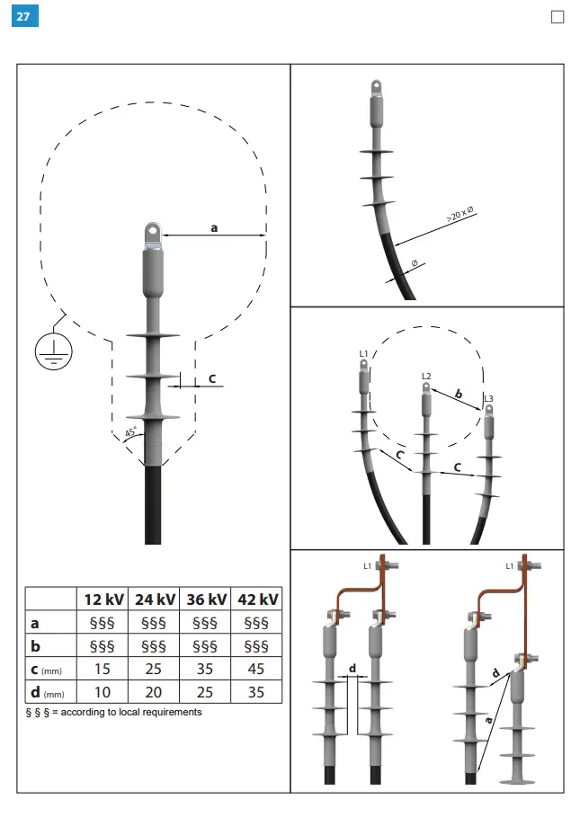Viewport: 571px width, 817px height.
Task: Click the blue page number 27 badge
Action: point(24,15)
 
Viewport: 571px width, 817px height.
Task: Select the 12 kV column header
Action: point(103,599)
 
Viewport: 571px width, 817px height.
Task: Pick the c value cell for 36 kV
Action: point(205,669)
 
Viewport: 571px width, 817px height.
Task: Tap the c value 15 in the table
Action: point(103,669)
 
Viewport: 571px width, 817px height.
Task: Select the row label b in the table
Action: point(35,645)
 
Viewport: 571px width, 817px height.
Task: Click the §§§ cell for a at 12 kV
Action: point(103,623)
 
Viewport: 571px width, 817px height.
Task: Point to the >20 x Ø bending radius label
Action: point(460,216)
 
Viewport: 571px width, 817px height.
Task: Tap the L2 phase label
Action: point(426,376)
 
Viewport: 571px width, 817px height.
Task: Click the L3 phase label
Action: point(488,398)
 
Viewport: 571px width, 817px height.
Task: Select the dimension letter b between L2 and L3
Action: point(458,394)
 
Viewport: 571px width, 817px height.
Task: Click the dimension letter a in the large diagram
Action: point(214,227)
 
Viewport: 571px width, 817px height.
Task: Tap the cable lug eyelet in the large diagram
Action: point(151,235)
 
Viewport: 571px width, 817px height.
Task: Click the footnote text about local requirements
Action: point(113,712)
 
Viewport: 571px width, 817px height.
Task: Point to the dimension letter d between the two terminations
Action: point(352,667)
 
